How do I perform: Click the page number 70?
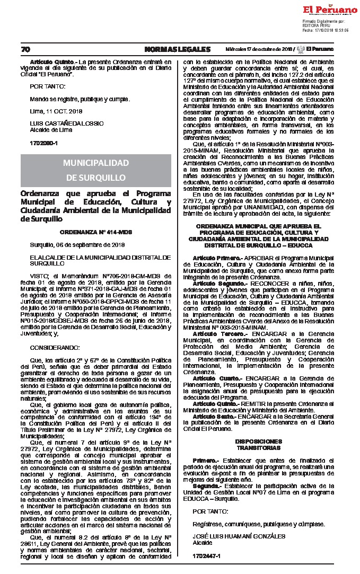(x=25, y=49)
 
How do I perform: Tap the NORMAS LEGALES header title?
(x=177, y=49)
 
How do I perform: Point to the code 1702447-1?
(x=206, y=555)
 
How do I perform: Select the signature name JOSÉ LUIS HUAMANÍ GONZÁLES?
(x=232, y=536)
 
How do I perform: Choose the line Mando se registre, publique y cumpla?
(x=80, y=99)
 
